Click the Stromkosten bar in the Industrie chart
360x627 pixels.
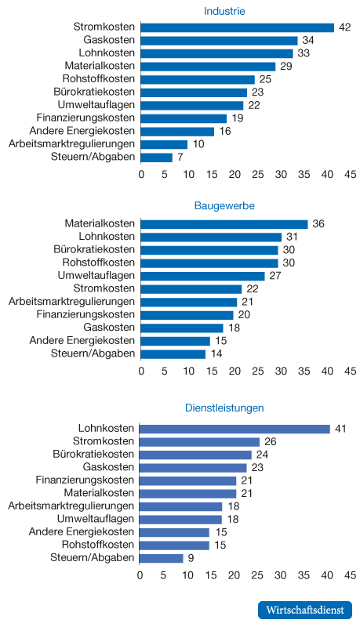[x=238, y=27]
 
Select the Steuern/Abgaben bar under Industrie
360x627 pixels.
[x=157, y=158]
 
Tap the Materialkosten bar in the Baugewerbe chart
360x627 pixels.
[x=224, y=224]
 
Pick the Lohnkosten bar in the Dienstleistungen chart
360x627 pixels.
[x=235, y=429]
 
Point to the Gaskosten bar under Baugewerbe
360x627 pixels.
[x=183, y=328]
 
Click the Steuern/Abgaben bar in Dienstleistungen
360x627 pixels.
[x=162, y=558]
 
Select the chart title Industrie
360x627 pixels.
[x=224, y=11]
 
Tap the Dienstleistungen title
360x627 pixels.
[x=224, y=408]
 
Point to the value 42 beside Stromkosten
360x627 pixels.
[x=344, y=27]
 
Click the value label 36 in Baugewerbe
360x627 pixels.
[x=318, y=224]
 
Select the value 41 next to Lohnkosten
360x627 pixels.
[x=340, y=429]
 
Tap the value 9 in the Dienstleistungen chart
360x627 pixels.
[x=191, y=558]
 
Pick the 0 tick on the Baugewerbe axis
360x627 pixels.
[x=141, y=371]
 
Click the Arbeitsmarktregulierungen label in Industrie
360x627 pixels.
[x=71, y=144]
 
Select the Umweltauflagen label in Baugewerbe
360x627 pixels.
[x=96, y=276]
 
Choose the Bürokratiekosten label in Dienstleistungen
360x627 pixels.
[x=93, y=455]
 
